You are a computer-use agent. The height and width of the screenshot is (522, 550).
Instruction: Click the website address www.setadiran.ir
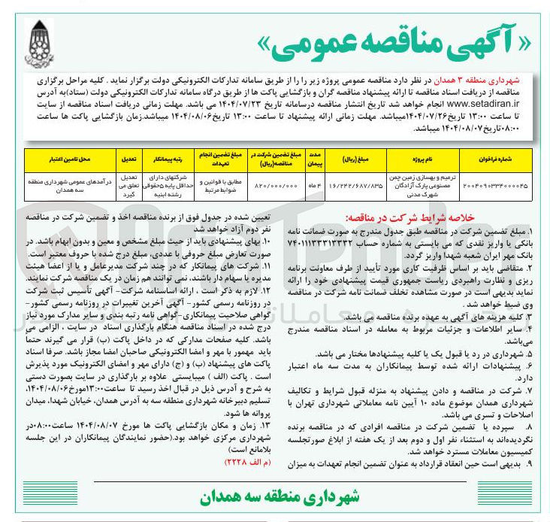(x=435, y=102)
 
